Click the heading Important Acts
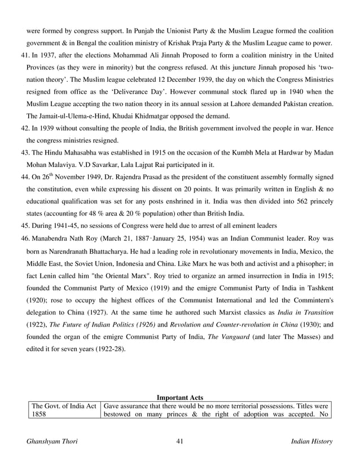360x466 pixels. coord(179,397)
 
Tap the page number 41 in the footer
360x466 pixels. coord(180,441)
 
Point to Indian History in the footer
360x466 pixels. coord(311,441)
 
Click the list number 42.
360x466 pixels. coord(25,128)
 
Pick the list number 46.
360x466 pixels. coord(25,239)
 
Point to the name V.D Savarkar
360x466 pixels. coord(90,165)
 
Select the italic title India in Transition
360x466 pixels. coord(304,312)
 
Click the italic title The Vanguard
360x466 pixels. coord(226,337)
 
